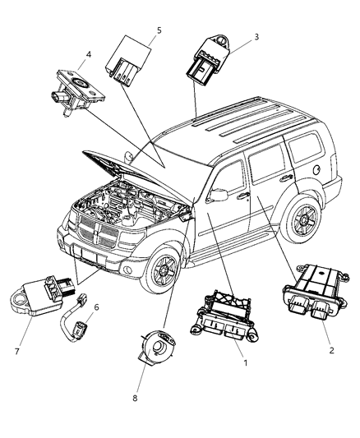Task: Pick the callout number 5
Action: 159,30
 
